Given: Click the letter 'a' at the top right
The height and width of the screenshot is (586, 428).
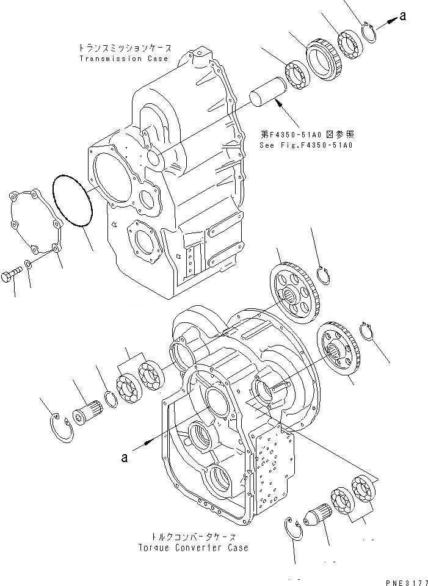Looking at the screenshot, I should (402, 16).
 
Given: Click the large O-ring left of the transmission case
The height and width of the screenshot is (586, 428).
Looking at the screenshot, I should (72, 201).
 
